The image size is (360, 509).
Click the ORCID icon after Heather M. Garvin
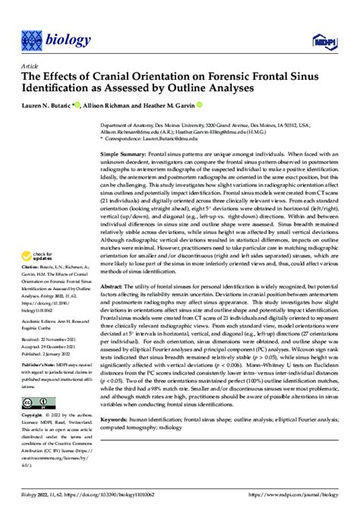(x=199, y=106)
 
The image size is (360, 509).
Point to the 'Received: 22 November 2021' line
(x=51, y=340)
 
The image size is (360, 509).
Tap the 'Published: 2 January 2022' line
(x=49, y=354)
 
